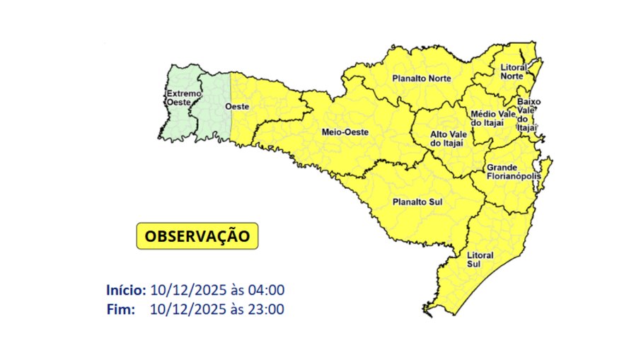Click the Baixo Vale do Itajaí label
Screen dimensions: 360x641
tap(528, 115)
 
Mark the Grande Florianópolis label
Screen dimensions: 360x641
tap(513, 172)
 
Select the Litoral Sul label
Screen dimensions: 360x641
tap(480, 259)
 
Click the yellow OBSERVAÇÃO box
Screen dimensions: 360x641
tap(197, 236)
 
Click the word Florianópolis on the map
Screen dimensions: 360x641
tap(513, 177)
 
